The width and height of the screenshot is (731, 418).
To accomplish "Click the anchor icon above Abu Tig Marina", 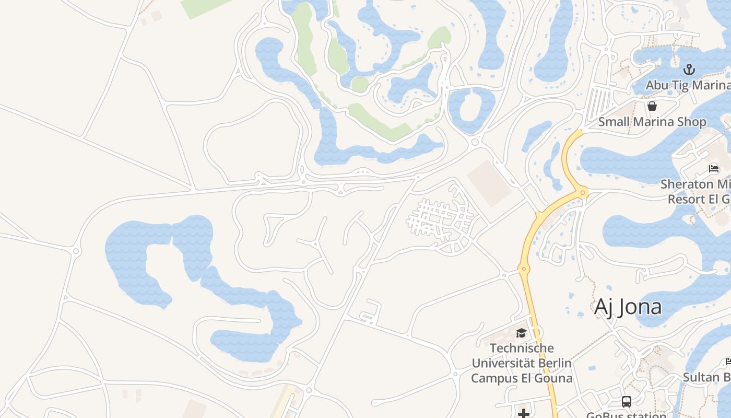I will coord(689,69).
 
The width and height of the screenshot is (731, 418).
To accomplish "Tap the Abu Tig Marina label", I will coord(688,85).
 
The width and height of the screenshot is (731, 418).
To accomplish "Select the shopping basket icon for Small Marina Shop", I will coord(652,107).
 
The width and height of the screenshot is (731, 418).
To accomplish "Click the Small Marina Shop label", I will coord(652,122).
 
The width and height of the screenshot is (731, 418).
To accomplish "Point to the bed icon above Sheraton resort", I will coord(713,169).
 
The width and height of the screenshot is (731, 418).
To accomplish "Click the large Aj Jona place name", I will coord(628,307).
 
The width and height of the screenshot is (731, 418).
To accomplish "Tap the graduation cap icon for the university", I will coord(521,333).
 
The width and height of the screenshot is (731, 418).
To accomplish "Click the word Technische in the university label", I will coord(522,348).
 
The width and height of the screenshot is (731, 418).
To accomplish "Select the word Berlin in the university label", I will coord(553,363).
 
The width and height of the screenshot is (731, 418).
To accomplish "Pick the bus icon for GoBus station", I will coord(626,402).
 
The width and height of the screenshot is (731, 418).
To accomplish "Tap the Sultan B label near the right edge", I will coord(707,377).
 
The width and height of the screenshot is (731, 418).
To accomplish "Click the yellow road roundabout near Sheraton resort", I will coord(583,193).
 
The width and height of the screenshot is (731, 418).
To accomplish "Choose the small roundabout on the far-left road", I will coord(77,251).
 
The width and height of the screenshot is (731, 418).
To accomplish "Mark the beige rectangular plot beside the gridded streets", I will coord(489,183).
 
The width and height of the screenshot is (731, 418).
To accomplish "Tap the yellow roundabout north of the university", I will coord(524,269).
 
